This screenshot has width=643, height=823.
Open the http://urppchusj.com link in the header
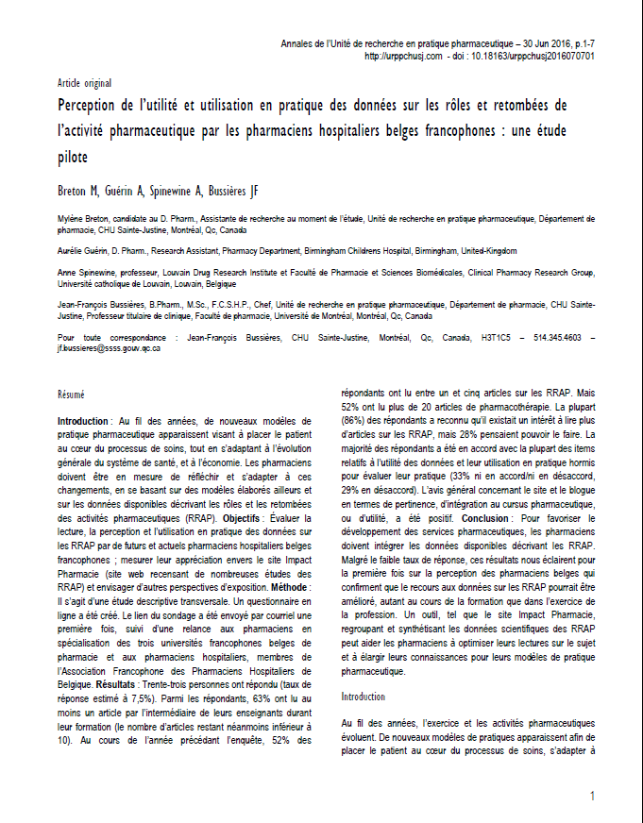[x=403, y=57]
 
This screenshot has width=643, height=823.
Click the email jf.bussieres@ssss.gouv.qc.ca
[x=109, y=348]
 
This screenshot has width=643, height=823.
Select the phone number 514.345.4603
[x=557, y=337]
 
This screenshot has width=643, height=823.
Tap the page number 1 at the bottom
[x=592, y=797]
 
